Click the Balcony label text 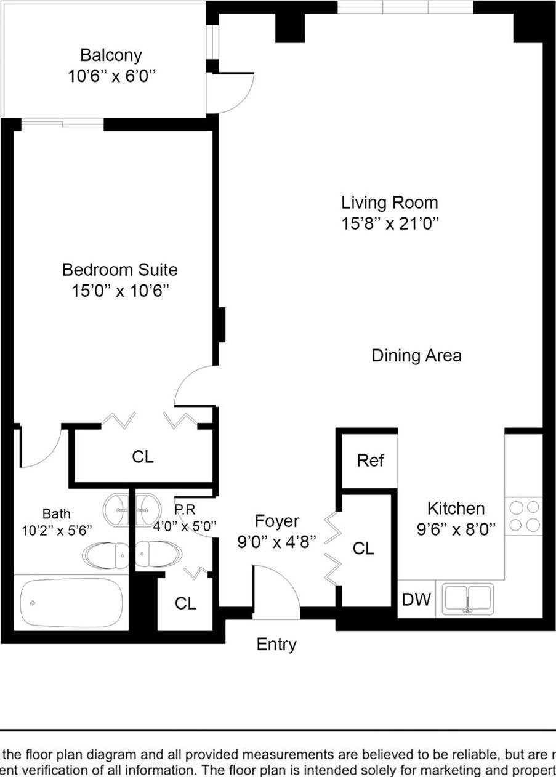coord(111,55)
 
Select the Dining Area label coord(416,355)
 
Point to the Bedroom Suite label coord(119,270)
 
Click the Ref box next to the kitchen coord(370,461)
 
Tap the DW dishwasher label coord(416,599)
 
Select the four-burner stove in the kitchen coord(524,516)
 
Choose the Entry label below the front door coord(276,645)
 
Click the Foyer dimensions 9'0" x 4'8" coord(277,542)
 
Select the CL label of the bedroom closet coord(143,457)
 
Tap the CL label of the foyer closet coord(364,548)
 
